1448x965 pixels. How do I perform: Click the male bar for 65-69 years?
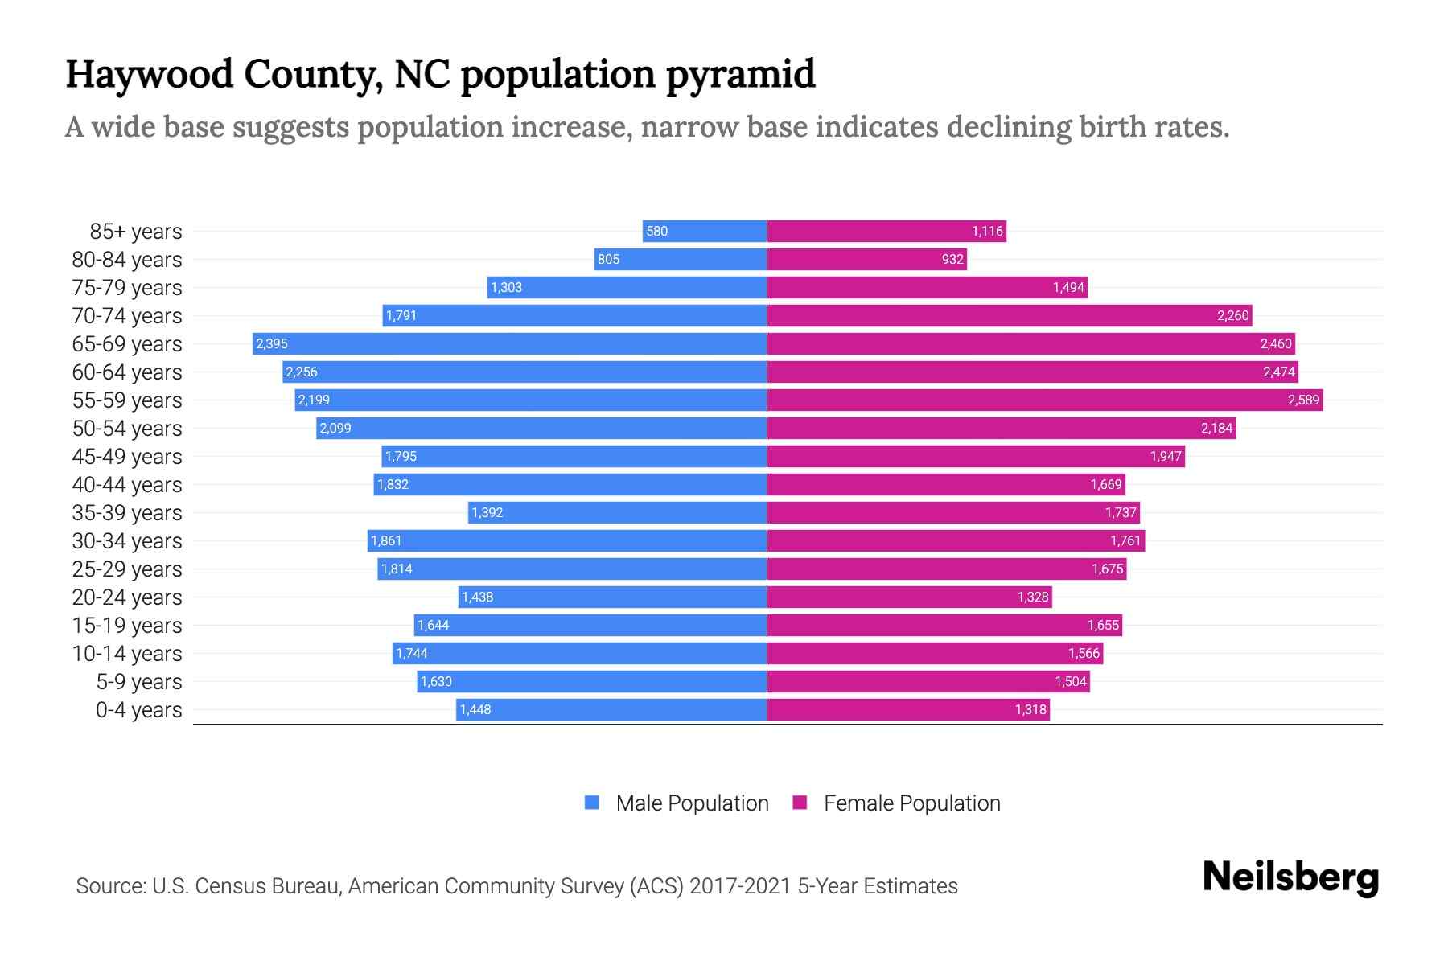509,343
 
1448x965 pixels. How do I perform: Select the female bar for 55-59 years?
1044,400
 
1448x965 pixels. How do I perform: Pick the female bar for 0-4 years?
907,709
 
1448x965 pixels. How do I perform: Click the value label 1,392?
487,512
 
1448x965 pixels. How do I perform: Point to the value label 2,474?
1278,372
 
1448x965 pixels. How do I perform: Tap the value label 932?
952,259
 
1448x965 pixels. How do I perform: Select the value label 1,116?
987,231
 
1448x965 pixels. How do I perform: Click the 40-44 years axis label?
127,484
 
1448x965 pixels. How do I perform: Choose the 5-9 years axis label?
139,681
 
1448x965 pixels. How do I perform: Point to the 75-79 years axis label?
127,287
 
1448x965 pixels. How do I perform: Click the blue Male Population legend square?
592,803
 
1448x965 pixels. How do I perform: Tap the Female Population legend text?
911,803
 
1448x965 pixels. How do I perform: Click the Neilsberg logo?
1290,877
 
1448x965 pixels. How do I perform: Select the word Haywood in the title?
149,74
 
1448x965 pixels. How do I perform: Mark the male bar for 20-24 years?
612,597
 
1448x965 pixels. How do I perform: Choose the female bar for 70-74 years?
1010,315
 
